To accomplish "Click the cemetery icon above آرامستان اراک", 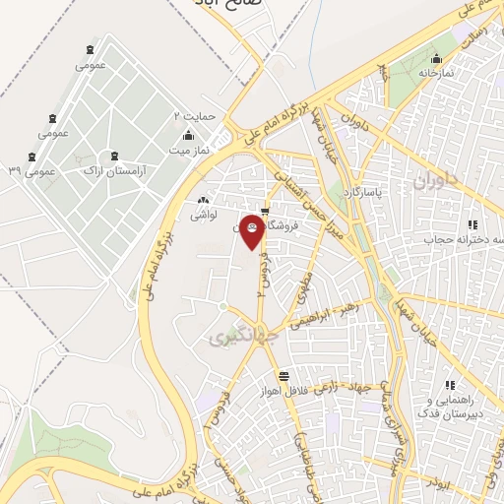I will pos(116,156).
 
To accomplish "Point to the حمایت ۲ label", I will pos(192,115).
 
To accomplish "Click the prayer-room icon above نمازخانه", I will pos(437,58).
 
